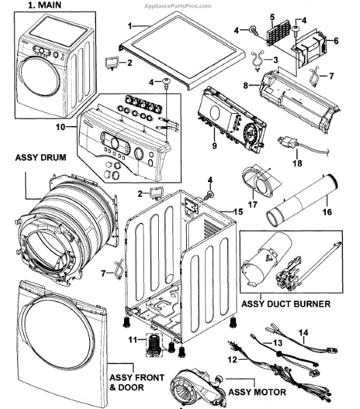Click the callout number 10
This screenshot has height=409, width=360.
[x=60, y=127]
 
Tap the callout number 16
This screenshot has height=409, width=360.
[x=327, y=212]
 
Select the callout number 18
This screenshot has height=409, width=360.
[x=297, y=164]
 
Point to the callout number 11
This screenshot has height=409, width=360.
[x=132, y=339]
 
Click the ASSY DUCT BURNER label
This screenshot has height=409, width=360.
[x=286, y=304]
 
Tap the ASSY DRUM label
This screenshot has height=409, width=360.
[x=40, y=157]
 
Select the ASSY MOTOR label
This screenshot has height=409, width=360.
[x=257, y=392]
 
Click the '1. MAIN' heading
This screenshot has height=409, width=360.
[x=44, y=5]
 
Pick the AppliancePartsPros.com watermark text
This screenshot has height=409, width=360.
[x=178, y=6]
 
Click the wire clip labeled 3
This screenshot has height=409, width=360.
[x=258, y=61]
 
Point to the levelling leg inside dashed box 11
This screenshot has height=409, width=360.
[x=154, y=346]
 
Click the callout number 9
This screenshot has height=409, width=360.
[x=215, y=146]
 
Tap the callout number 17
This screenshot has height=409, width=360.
[x=252, y=204]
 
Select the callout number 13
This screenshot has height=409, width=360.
[x=277, y=342]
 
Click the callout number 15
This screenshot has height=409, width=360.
[x=238, y=211]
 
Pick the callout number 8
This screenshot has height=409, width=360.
[x=245, y=85]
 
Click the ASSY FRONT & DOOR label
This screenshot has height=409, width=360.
[x=137, y=382]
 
